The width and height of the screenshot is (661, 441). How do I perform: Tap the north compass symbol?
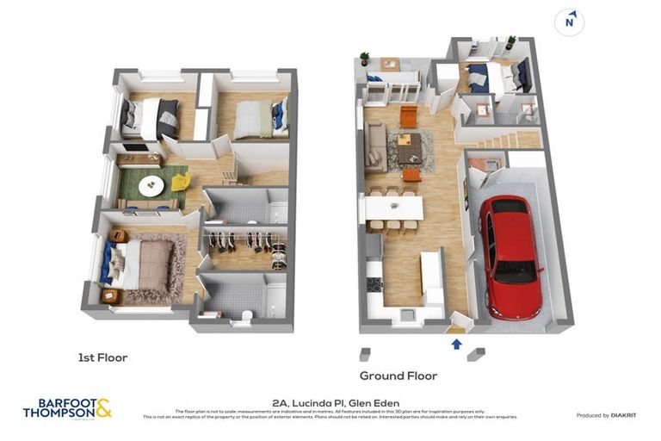569,22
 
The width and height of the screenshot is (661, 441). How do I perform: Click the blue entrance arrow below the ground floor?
456,345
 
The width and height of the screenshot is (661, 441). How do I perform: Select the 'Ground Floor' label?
398,376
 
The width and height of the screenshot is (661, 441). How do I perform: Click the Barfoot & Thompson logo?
67,408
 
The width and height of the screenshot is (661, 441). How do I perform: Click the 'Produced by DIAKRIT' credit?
606,415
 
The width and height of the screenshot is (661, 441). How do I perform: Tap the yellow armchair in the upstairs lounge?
180,182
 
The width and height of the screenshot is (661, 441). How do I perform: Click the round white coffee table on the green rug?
151,185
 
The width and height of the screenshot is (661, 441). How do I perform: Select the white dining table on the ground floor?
392,208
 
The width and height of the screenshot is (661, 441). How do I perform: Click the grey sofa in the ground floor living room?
376,146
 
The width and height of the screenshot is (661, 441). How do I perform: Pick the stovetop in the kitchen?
374,284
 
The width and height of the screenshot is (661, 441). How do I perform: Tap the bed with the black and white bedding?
151,117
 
